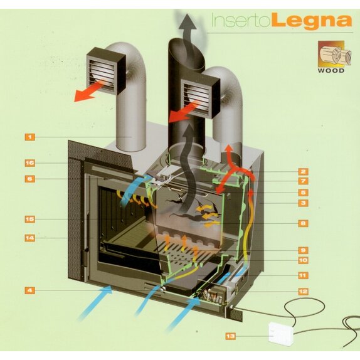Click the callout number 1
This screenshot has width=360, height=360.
click(30, 137)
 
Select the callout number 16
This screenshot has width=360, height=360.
click(30, 163)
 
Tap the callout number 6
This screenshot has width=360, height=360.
click(30, 179)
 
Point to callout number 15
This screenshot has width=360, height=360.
click(30, 219)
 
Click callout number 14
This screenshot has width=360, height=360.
click(30, 238)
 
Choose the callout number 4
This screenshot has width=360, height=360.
click(30, 290)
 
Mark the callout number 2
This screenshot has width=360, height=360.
click(304, 171)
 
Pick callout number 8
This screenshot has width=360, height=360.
click(304, 223)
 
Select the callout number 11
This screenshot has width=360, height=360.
click(304, 275)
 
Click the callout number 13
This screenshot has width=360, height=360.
click(231, 336)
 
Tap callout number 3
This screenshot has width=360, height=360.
click(304, 203)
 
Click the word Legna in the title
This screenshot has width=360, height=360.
click(312, 21)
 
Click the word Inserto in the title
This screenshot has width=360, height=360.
click(241, 20)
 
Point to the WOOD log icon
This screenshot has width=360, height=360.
click(334, 57)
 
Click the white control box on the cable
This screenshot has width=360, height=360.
click(281, 334)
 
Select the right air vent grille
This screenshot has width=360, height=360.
click(201, 98)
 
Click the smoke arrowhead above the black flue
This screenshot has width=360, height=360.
click(188, 22)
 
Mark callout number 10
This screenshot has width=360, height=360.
click(304, 260)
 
